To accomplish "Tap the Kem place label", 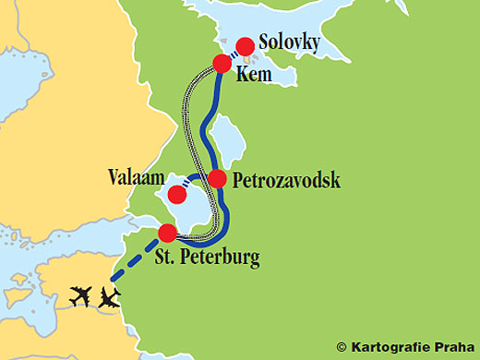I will (x=255, y=75).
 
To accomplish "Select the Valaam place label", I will (x=134, y=174).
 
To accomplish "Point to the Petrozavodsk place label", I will (x=287, y=180).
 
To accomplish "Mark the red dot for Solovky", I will (x=246, y=45).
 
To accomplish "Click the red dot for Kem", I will (x=222, y=64).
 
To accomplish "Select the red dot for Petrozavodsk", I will (x=218, y=178).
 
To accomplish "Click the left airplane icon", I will (x=81, y=297).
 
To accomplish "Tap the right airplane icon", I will (x=110, y=297).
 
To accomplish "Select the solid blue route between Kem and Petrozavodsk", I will (x=209, y=120).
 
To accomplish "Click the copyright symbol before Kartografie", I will (x=342, y=347).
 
